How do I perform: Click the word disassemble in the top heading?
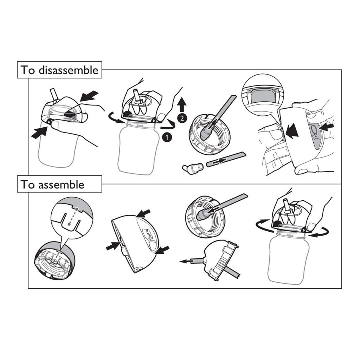tap(69, 70)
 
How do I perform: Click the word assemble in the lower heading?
tap(61, 184)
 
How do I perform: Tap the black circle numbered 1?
tap(167, 137)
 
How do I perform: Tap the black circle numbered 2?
tap(182, 118)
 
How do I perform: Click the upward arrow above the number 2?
tap(182, 104)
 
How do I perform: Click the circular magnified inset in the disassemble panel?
tap(262, 94)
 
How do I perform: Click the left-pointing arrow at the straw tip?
tap(187, 261)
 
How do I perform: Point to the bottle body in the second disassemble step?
tap(139, 149)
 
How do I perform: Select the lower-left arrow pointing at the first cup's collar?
tap(39, 133)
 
